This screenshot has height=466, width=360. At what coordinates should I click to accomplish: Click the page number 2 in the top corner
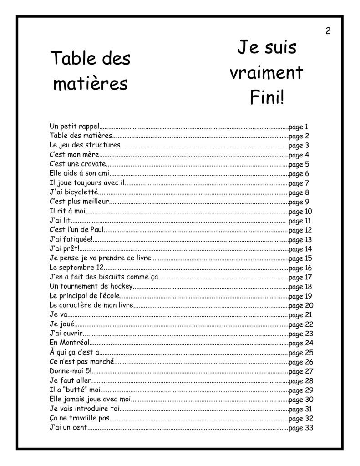(328, 31)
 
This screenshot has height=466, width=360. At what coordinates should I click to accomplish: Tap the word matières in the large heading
(90, 84)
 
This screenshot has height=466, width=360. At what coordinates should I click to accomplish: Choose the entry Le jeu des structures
(85, 146)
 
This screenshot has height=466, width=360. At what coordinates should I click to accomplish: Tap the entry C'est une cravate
(78, 164)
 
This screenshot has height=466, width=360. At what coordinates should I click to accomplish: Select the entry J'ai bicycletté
(73, 192)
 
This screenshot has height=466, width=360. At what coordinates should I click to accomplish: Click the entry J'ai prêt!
(64, 249)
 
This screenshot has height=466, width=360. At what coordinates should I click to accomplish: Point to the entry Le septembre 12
(76, 268)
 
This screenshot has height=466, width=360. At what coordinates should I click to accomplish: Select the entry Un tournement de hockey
(91, 287)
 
